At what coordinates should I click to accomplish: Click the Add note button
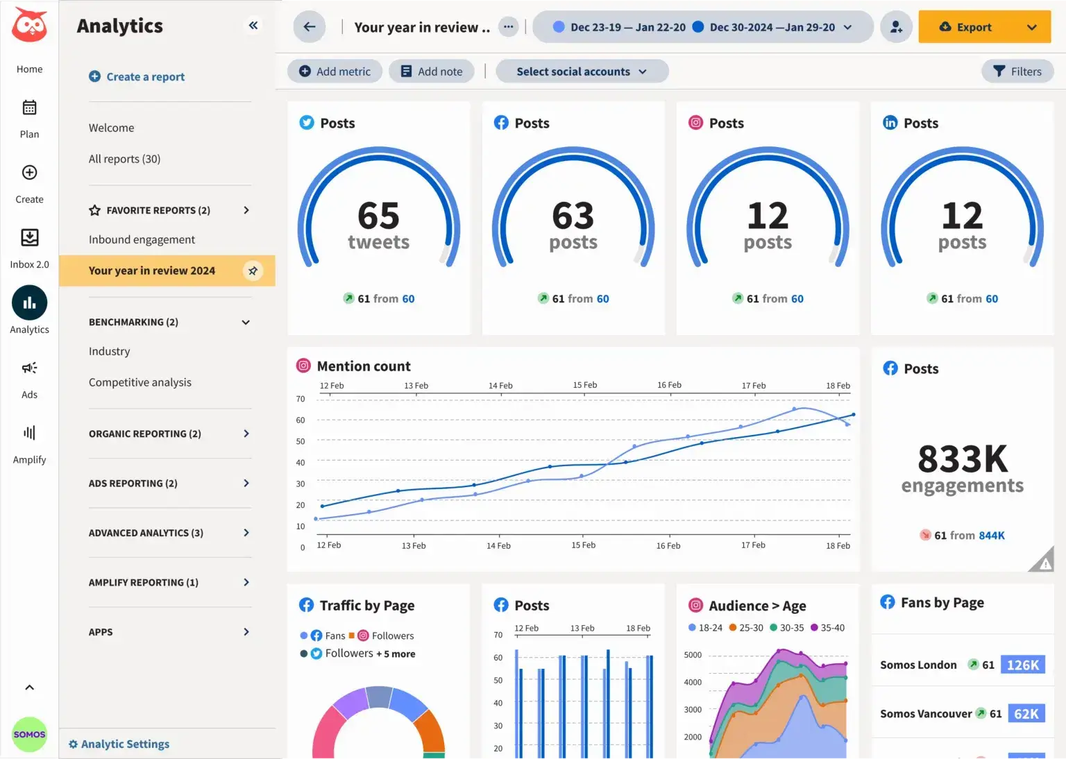[x=431, y=71]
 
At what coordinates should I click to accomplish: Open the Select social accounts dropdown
[x=582, y=71]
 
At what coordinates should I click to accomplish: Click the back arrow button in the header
[x=310, y=27]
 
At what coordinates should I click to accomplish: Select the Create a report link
[x=137, y=76]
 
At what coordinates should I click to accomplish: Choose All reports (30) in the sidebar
[x=124, y=159]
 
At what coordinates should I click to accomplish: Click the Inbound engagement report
[x=142, y=239]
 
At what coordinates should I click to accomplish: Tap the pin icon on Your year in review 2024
[x=253, y=271]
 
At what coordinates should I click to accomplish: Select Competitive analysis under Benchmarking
[x=139, y=382]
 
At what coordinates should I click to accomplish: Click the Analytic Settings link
[x=119, y=744]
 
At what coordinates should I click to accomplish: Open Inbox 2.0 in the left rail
[x=29, y=247]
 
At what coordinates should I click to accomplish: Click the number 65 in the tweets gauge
[x=378, y=216]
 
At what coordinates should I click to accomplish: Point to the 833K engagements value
[x=962, y=459]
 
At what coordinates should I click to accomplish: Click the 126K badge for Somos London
[x=1022, y=665]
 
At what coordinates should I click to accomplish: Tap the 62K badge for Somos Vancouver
[x=1026, y=714]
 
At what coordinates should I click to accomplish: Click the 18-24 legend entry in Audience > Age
[x=705, y=628]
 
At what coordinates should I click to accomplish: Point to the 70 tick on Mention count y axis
[x=301, y=399]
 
